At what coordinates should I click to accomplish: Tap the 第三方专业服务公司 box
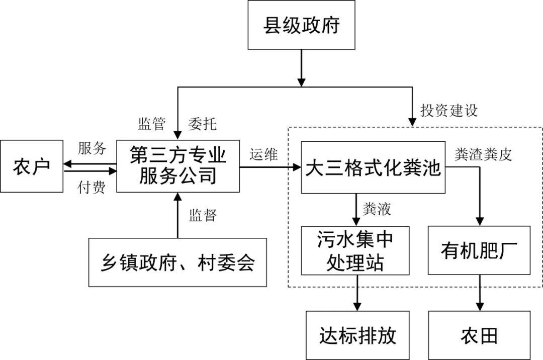coord(178,166)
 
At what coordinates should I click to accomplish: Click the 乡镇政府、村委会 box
coord(177,262)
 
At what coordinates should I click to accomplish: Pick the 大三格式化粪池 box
coord(373,168)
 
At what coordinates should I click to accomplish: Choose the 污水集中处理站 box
coord(355,250)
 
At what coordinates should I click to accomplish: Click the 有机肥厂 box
coord(479,250)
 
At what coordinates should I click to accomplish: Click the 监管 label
coord(151,124)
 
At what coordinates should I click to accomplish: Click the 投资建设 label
coord(448,111)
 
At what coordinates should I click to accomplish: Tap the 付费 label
coord(92,188)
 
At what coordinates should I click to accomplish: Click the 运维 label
coord(263,155)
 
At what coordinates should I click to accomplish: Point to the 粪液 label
coord(376,209)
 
